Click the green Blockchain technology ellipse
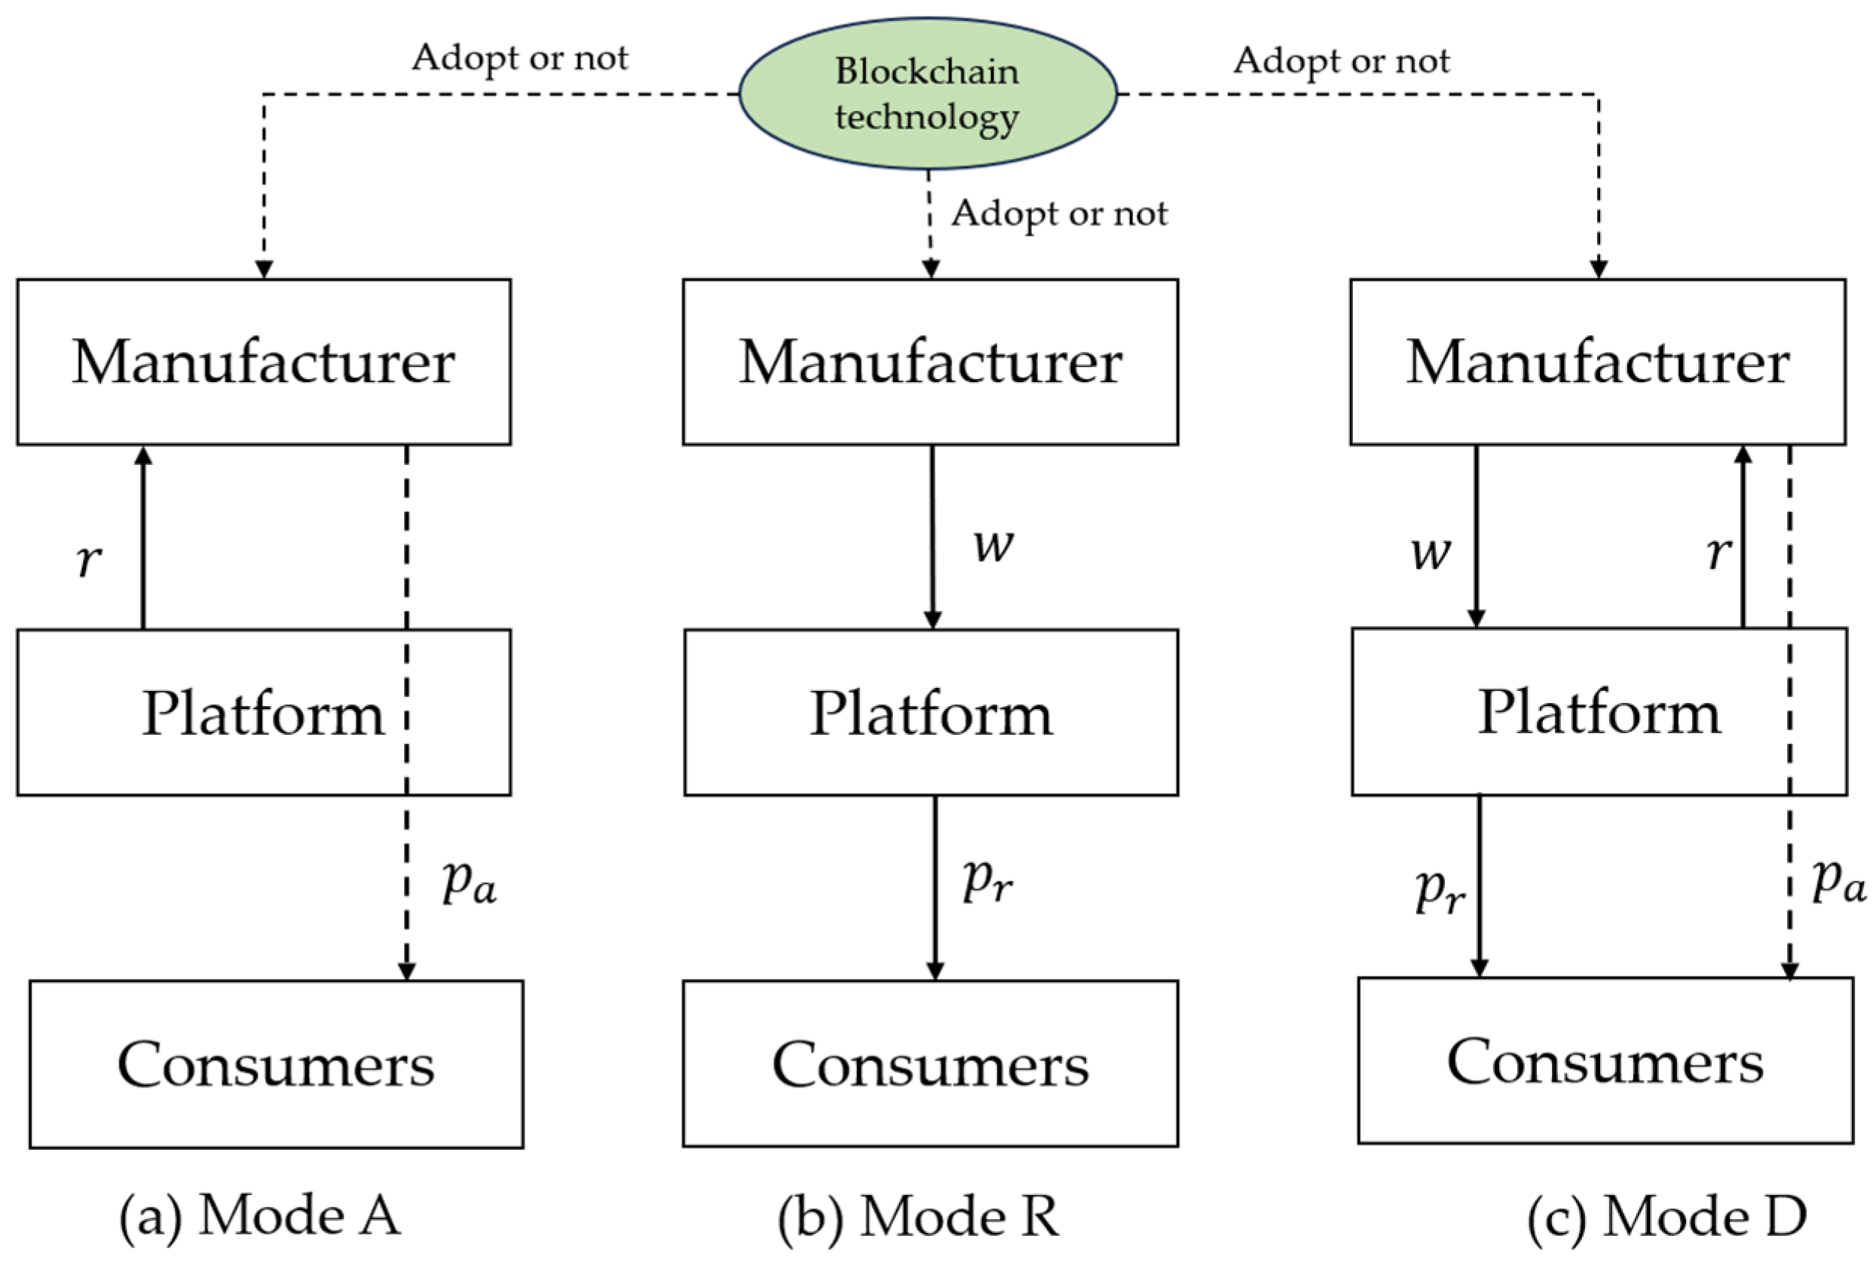[927, 93]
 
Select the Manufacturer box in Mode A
[263, 362]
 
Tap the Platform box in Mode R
[930, 713]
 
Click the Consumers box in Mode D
[1605, 1061]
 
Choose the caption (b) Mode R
[917, 1216]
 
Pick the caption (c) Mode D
[1666, 1216]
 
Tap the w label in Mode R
[993, 546]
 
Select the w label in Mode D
[1431, 553]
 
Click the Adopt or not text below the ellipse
[1058, 213]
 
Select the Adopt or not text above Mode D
[1341, 60]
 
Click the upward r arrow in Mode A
[143, 538]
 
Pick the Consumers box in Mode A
[277, 1063]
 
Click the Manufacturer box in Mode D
[1597, 362]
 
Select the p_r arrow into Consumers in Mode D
[1479, 886]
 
